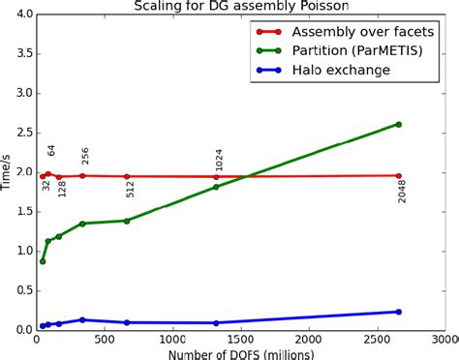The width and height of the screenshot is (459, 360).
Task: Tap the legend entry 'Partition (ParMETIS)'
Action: click(343, 50)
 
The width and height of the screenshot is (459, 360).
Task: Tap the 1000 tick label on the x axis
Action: click(172, 340)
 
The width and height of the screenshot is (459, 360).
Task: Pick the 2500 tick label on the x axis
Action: click(377, 340)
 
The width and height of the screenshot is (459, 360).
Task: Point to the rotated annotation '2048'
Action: click(403, 191)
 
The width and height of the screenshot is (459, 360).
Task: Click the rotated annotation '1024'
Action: click(220, 161)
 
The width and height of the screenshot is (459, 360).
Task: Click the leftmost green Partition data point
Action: click(42, 261)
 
